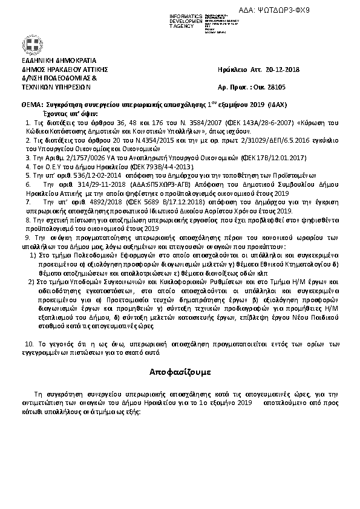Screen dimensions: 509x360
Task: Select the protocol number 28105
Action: (283, 88)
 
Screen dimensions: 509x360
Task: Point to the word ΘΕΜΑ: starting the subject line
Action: (32, 105)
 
